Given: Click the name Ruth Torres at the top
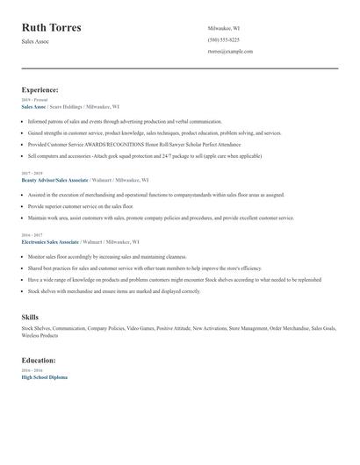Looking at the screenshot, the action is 52,27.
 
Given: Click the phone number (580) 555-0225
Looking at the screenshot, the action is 223,39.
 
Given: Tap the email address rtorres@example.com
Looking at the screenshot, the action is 230,51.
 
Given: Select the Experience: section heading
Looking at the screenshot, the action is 40,89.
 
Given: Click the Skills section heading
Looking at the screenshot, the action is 30,316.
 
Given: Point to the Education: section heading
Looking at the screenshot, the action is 39,360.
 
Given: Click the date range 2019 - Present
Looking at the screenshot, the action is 32,100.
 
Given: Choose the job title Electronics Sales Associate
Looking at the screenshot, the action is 50,240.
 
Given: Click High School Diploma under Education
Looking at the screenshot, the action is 44,376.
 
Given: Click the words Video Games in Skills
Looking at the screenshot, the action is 140,328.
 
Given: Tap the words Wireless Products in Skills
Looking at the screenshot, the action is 40,334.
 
